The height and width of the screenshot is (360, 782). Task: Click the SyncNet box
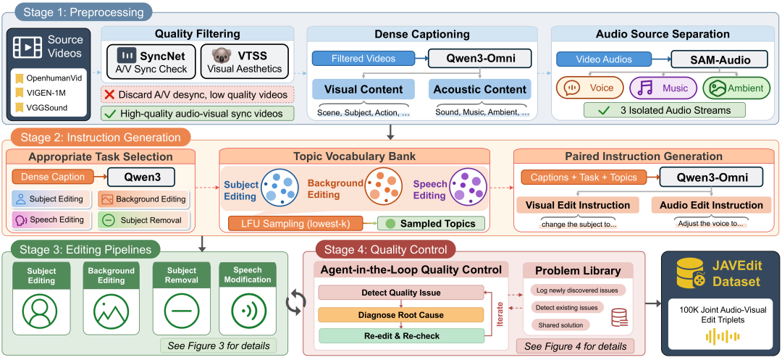151,61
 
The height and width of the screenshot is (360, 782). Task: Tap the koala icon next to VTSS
219,55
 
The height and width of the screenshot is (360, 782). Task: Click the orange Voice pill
590,88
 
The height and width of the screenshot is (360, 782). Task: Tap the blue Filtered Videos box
363,59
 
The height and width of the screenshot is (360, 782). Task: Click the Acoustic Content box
480,90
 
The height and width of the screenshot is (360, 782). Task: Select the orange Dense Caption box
52,177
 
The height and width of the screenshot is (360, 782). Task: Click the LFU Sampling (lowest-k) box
295,223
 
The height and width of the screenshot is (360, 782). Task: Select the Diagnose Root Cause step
400,315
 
